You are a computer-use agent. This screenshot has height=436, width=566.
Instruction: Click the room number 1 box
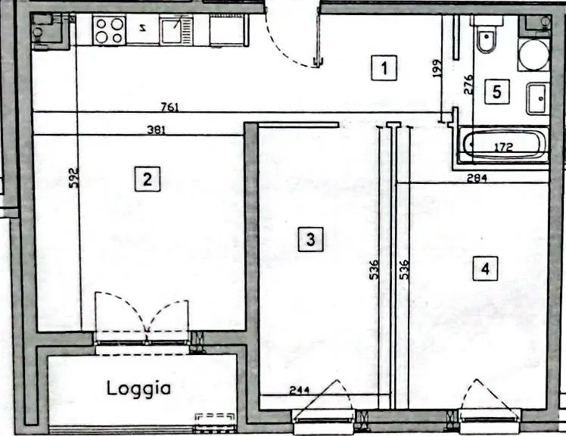[384, 67]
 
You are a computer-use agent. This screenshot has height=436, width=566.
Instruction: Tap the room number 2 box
[148, 179]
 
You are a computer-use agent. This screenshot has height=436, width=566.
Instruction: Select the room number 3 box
[310, 239]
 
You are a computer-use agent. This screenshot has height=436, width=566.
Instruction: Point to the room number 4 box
[485, 269]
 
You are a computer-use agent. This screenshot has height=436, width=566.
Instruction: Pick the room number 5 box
[496, 92]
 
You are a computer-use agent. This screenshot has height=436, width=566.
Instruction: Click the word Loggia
[138, 388]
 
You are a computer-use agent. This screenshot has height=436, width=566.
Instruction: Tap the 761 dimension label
[169, 107]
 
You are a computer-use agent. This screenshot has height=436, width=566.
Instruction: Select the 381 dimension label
[157, 129]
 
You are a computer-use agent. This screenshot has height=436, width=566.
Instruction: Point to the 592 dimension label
[73, 178]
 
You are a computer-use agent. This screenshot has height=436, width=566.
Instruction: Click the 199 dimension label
[437, 68]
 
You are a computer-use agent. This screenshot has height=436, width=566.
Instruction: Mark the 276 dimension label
[468, 85]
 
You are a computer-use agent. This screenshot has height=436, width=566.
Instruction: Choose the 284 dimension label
[477, 178]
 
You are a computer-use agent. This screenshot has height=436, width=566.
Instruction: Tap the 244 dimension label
[299, 390]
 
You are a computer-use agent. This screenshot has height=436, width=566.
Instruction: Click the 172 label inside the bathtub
[504, 147]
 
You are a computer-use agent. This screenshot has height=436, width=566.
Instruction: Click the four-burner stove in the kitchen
[109, 30]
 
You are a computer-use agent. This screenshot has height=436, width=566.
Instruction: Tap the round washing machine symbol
[533, 54]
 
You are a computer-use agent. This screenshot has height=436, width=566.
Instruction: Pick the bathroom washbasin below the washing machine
[538, 98]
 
